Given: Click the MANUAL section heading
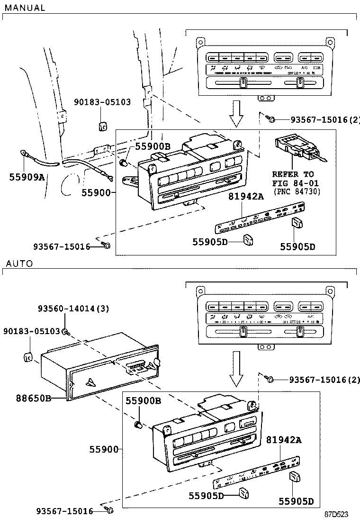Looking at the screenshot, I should [25, 8].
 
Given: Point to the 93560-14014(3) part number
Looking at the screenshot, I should [73, 309].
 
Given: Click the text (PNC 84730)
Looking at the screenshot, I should [297, 191].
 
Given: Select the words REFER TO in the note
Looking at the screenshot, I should [293, 174].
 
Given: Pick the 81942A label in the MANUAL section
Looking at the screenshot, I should [246, 196].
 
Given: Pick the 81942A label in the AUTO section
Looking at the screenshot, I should [283, 440].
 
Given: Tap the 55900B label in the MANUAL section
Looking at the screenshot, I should [152, 146].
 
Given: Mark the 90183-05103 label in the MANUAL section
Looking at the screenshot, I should [102, 102].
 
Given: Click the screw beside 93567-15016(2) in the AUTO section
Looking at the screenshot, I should [270, 379].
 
